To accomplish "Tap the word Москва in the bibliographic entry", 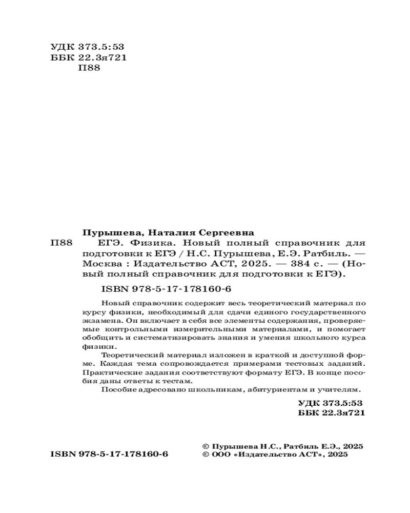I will point(100,264).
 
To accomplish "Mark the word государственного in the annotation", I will point(334,312).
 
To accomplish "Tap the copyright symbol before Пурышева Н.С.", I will point(206,446).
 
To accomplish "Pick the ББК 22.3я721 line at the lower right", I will point(331,412).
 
